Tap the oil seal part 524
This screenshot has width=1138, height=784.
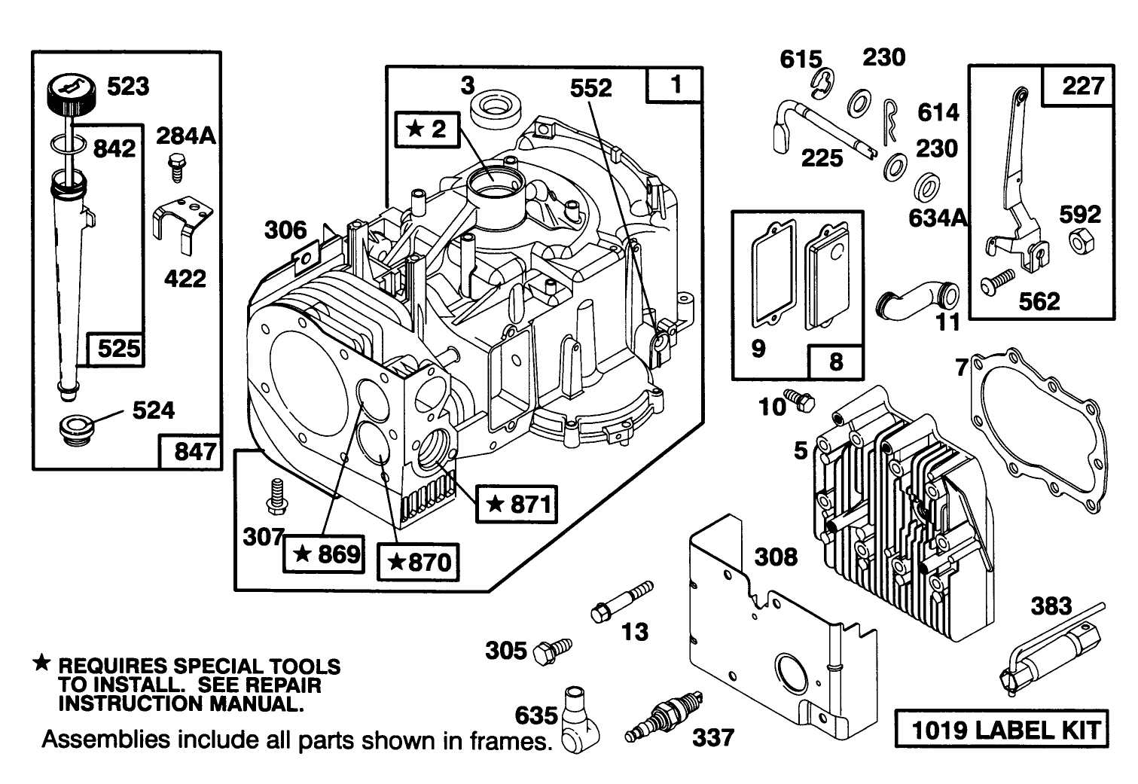(x=73, y=432)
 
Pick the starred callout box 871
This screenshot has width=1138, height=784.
(x=517, y=503)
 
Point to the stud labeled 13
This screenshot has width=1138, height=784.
(x=621, y=602)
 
